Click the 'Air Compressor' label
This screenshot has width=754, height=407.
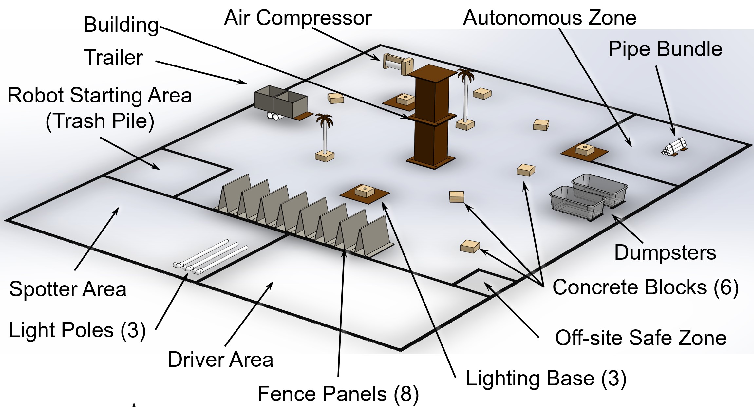[298, 18]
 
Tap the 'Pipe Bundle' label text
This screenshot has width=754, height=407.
[665, 49]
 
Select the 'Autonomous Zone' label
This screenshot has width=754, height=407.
[549, 18]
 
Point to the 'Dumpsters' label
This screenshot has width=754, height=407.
[665, 252]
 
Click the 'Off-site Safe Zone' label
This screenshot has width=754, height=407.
[641, 338]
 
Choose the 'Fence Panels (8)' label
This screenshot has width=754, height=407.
[338, 394]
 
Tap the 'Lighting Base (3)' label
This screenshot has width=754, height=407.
[546, 379]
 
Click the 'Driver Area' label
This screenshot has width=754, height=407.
[220, 360]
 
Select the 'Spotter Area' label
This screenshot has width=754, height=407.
[68, 289]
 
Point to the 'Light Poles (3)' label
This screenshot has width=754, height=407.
[77, 330]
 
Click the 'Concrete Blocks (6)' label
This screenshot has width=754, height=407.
[645, 287]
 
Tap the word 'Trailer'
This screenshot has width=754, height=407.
[113, 57]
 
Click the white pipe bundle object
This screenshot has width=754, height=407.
[674, 147]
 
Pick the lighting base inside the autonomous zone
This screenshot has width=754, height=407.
[585, 151]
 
